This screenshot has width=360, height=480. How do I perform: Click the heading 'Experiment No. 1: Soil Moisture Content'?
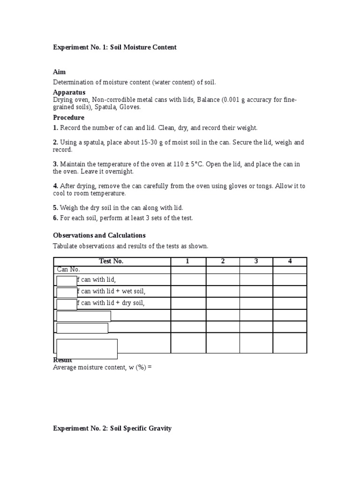115,47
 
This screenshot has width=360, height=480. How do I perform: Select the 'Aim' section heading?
59,72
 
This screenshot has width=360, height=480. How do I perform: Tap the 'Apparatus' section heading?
69,92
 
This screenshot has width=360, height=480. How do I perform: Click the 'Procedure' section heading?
68,117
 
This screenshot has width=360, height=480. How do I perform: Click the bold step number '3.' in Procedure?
55,164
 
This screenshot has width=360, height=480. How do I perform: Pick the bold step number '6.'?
55,217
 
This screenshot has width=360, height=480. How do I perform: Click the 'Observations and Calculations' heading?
99,235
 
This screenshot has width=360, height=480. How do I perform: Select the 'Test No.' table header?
111,261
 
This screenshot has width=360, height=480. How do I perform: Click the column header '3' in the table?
256,261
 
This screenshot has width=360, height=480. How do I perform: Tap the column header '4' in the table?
290,261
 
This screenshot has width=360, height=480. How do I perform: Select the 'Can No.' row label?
68,270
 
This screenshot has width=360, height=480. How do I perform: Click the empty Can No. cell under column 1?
188,270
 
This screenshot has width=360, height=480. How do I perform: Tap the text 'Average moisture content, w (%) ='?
103,367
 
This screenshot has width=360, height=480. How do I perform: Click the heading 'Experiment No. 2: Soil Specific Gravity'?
112,428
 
